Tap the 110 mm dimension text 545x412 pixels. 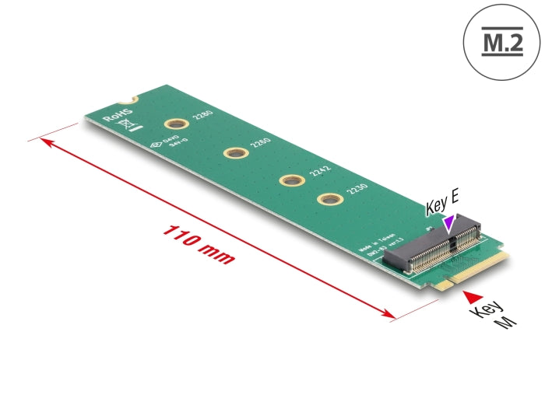click(198, 245)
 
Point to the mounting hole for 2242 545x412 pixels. click(290, 180)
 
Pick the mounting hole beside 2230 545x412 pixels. click(326, 199)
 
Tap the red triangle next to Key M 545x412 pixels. click(473, 295)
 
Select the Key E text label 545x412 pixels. click(443, 206)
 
